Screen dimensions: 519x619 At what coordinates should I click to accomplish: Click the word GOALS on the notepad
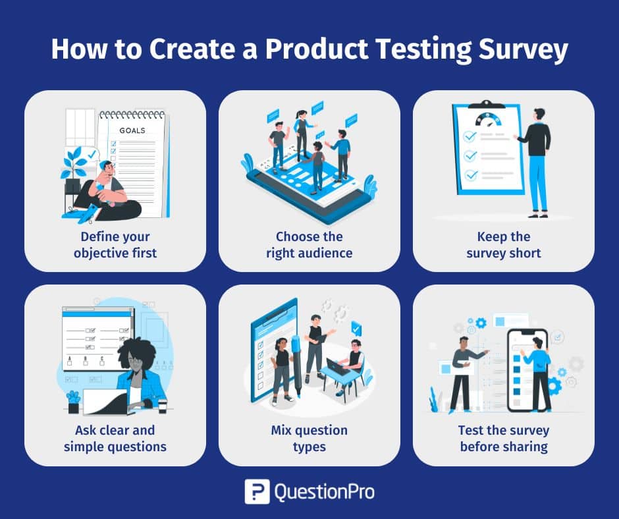[132, 130]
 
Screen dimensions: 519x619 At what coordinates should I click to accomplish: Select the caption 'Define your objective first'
[115, 244]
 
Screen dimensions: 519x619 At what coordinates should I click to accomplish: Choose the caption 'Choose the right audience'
[309, 244]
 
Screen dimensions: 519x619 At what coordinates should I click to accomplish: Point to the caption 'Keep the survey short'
[504, 244]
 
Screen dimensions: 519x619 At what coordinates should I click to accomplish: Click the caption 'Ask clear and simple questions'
[115, 439]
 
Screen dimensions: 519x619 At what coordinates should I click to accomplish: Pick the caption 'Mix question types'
[309, 439]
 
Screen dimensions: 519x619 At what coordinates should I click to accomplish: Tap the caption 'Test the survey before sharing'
[504, 439]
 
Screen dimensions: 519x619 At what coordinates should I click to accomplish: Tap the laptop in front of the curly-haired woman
[105, 401]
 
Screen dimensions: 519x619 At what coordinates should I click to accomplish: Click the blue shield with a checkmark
[356, 328]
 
